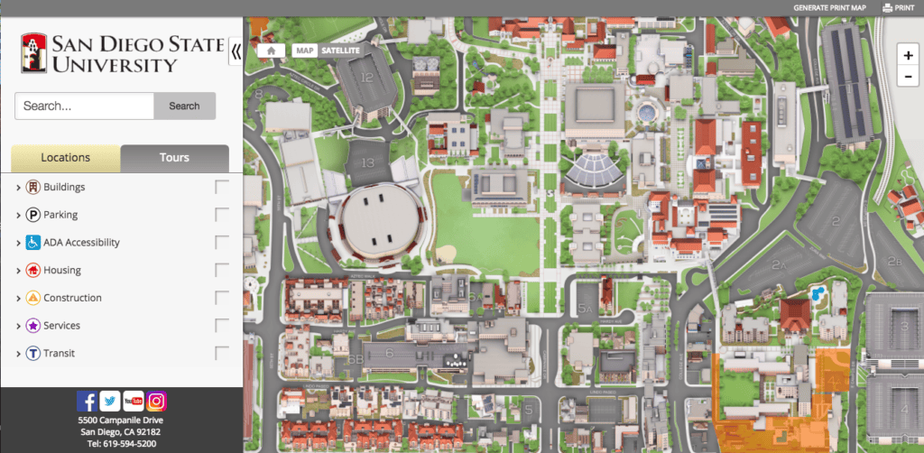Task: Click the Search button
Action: [184, 106]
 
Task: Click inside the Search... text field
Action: [84, 106]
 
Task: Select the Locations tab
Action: [66, 157]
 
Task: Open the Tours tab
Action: [174, 157]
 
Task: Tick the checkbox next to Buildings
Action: [222, 187]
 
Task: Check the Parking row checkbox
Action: [222, 215]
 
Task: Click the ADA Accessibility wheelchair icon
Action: [32, 242]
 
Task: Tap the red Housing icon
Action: [32, 270]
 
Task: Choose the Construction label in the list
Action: [72, 298]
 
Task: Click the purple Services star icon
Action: [32, 325]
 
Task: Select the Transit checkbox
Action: [222, 353]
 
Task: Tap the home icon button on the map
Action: [272, 51]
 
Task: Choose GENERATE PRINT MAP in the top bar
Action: [829, 8]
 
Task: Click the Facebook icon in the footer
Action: [87, 402]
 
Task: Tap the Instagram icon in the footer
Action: [157, 402]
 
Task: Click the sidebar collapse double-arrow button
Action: [236, 51]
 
